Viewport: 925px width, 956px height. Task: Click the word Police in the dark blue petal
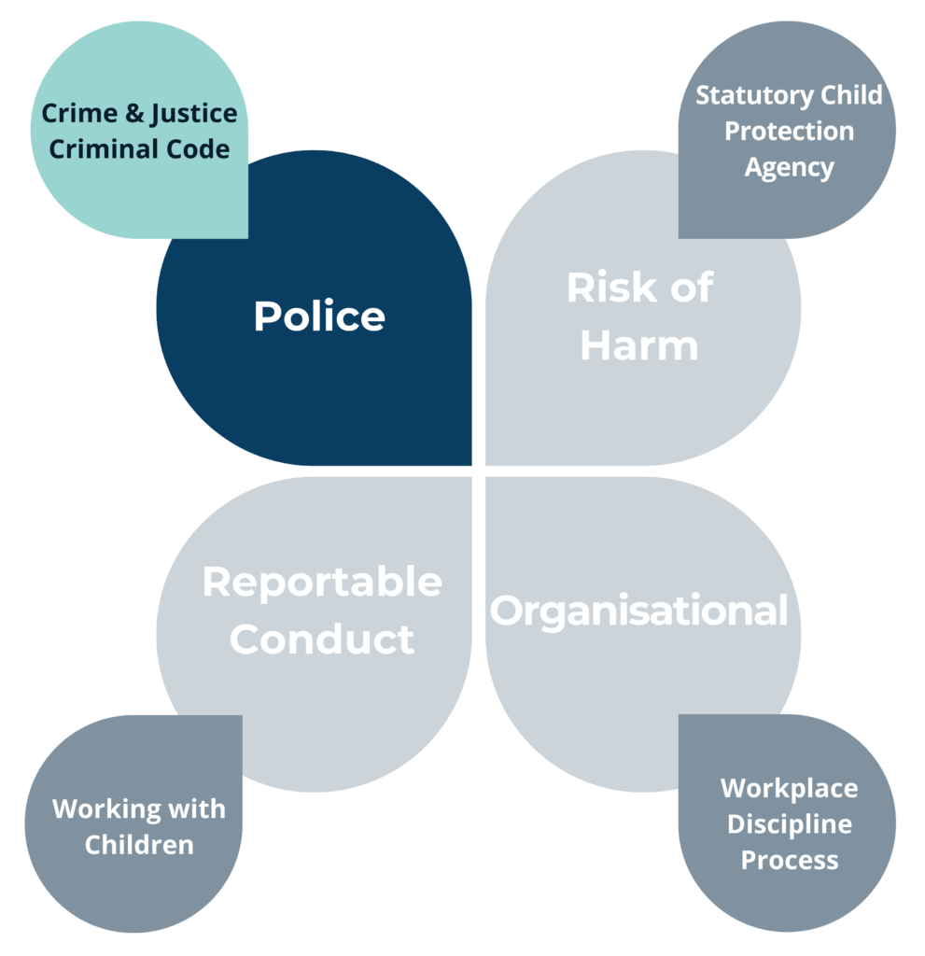pos(319,316)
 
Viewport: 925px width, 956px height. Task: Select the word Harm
pos(639,345)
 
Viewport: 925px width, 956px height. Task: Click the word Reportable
pos(322,583)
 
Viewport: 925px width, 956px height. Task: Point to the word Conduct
pos(322,640)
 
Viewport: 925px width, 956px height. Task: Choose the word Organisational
pos(639,612)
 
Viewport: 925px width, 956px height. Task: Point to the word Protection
pos(789,132)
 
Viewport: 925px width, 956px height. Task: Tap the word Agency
pos(789,168)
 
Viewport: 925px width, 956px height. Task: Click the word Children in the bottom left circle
pos(139,845)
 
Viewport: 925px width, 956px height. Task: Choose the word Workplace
pos(789,788)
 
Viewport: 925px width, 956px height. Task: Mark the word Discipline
pos(789,824)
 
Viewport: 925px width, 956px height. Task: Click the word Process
pos(789,860)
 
